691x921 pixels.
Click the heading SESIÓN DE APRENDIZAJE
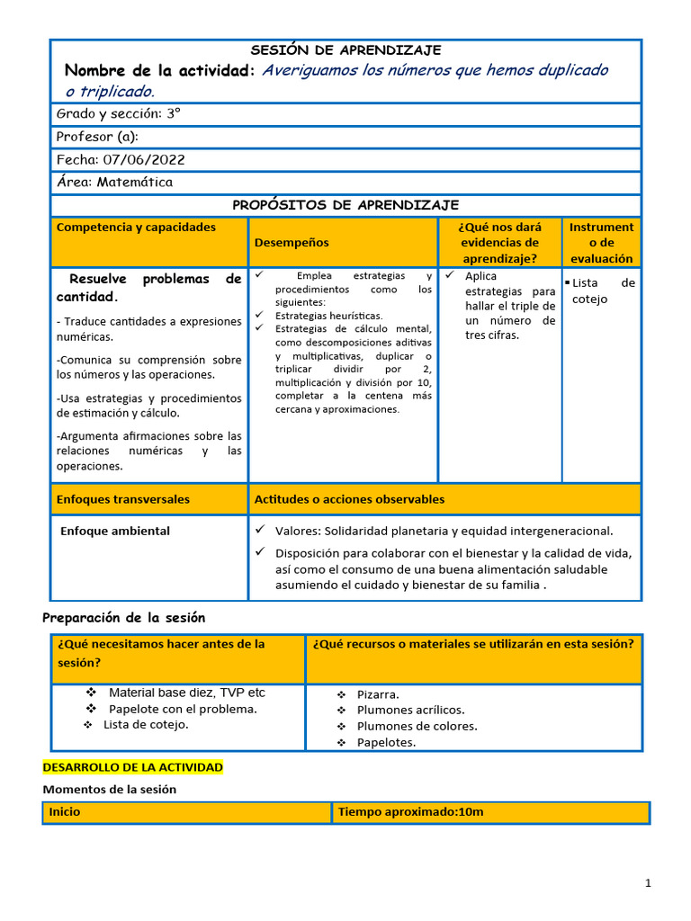(345, 50)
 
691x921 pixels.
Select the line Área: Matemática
(114, 182)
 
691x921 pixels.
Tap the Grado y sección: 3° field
(118, 114)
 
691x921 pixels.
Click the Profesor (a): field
(97, 137)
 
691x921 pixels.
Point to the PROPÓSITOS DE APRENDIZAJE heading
(345, 205)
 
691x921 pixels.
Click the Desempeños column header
(292, 242)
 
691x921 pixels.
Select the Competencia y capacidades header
(136, 228)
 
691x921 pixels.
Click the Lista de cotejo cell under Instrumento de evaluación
(602, 291)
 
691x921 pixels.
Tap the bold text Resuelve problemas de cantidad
(148, 287)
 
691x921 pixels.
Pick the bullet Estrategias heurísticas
(328, 316)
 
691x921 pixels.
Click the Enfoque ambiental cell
(114, 531)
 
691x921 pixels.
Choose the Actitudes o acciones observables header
(349, 499)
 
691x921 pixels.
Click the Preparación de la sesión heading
(124, 618)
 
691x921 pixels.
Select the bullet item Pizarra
(378, 694)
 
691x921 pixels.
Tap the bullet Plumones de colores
(417, 726)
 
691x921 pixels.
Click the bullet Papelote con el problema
(183, 709)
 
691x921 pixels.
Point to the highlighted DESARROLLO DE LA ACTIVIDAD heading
(132, 767)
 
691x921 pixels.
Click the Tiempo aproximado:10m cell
(410, 812)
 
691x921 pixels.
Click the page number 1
(647, 884)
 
